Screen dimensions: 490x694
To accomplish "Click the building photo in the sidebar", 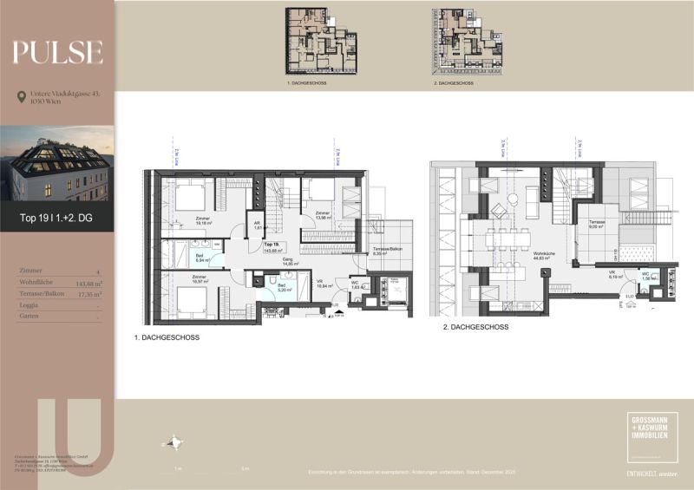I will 57,164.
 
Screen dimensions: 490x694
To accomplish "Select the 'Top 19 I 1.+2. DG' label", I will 56,219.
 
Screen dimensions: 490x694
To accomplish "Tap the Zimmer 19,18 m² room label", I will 205,220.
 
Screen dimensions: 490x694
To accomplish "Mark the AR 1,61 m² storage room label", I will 258,226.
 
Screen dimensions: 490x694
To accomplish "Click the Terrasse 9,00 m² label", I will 596,225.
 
